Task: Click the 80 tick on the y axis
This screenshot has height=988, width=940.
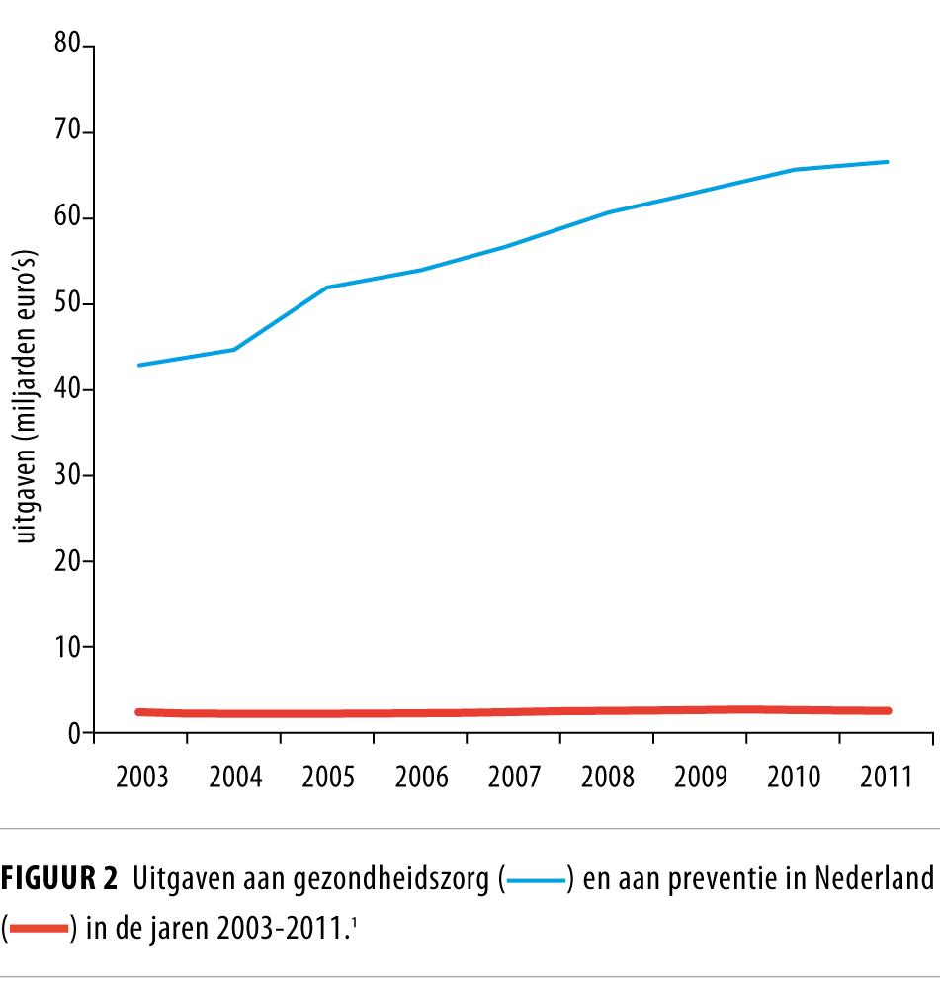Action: pyautogui.click(x=65, y=46)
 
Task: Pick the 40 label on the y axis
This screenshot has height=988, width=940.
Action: pyautogui.click(x=65, y=389)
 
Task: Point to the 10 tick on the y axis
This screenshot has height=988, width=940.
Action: pyautogui.click(x=65, y=647)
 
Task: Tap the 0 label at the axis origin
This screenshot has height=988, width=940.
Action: pyautogui.click(x=73, y=733)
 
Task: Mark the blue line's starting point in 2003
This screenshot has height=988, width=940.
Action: pyautogui.click(x=139, y=365)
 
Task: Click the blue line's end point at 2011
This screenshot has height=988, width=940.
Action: pyautogui.click(x=887, y=161)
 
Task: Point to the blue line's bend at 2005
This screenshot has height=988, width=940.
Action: pyautogui.click(x=326, y=288)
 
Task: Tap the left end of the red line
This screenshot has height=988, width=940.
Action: pyautogui.click(x=139, y=711)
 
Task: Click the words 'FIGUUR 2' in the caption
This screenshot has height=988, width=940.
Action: pyautogui.click(x=61, y=877)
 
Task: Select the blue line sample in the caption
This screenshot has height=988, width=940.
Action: pyautogui.click(x=534, y=878)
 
